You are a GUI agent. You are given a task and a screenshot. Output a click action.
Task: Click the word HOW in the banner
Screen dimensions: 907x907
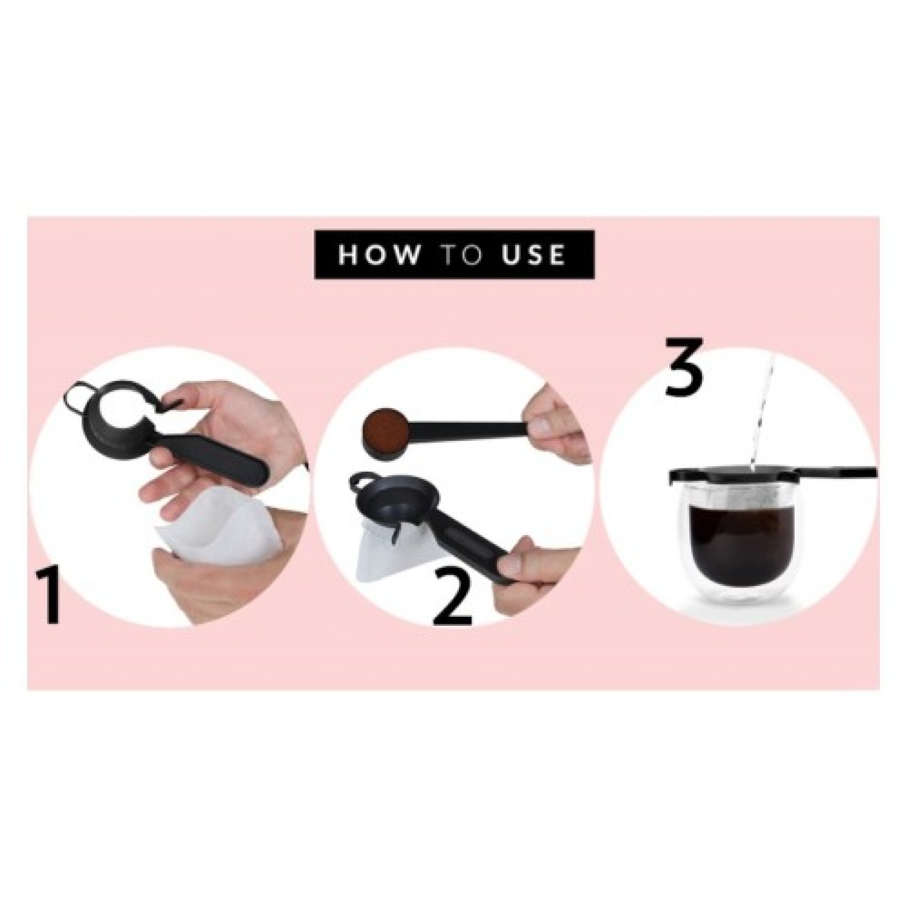(378, 254)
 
